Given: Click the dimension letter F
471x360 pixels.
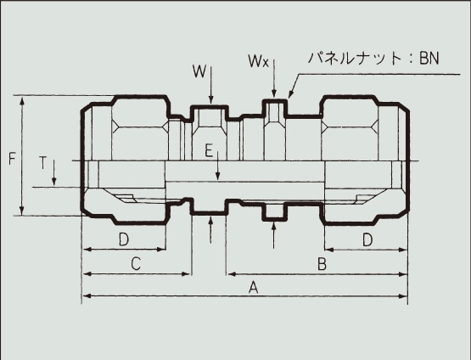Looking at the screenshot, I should pos(11,158).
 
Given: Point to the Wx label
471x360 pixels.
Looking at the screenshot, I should pos(259,61).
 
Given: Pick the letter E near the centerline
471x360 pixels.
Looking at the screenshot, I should pos(207,150).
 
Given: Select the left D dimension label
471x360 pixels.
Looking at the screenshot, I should pos(123,239).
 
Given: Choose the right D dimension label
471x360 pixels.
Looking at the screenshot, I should pos(367,239).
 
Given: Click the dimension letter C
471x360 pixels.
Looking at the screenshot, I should pos(134,264).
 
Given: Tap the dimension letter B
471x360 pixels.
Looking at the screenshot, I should pos(322,264).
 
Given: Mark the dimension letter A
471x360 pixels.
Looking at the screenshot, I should pos(252,288).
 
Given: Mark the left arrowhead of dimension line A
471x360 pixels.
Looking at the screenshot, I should pos(85,297).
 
